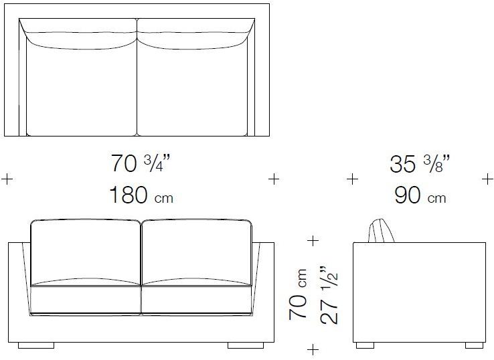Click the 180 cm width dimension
click(141, 195)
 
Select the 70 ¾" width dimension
click(141, 163)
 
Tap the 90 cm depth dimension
click(420, 195)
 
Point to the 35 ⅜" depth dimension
click(420, 164)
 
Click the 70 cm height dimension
click(298, 294)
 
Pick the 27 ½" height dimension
click(329, 296)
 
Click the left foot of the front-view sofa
click(36, 345)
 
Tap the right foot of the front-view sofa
click(246, 345)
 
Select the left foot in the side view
click(365, 345)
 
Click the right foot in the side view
click(474, 345)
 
